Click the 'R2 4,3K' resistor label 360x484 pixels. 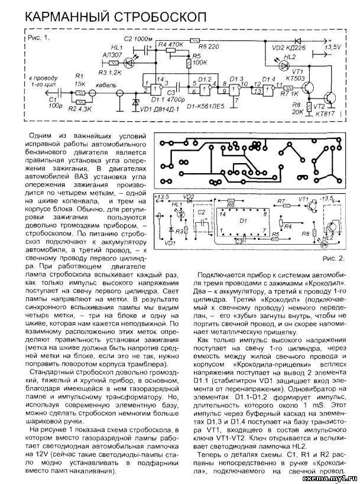pos(79,109)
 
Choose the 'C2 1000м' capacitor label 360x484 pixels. pos(137,37)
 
